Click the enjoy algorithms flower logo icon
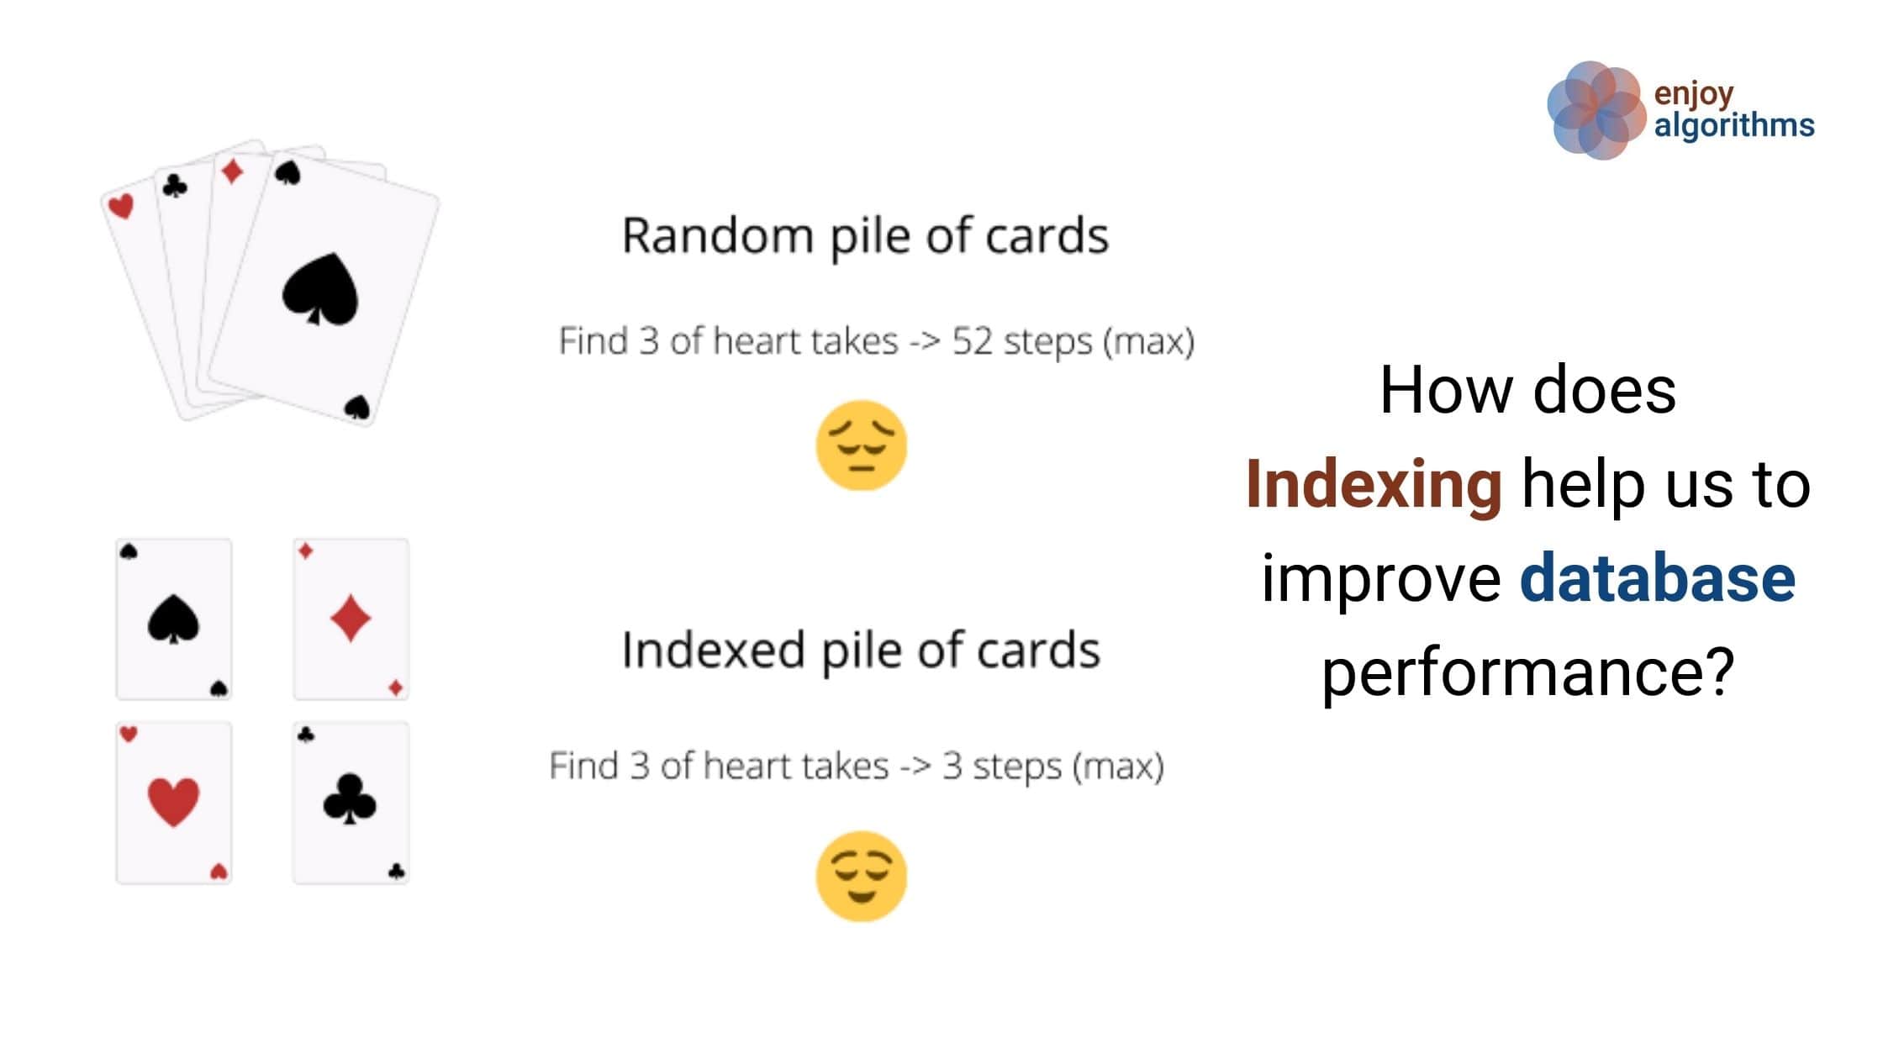click(x=1596, y=110)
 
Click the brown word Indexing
click(x=1374, y=485)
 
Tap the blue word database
click(x=1658, y=578)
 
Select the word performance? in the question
click(x=1528, y=674)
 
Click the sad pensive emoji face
click(x=862, y=445)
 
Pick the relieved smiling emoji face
click(x=862, y=877)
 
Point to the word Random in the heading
click(x=717, y=235)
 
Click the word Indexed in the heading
click(x=713, y=650)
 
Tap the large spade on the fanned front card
click(x=320, y=289)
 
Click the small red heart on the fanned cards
click(x=121, y=205)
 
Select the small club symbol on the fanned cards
click(x=175, y=186)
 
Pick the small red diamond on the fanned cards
click(x=232, y=171)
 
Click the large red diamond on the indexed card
click(x=351, y=619)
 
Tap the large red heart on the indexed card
click(x=173, y=802)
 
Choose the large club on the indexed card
click(x=350, y=798)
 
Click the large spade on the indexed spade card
click(x=173, y=619)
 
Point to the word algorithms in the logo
click(x=1734, y=126)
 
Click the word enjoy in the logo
click(x=1694, y=94)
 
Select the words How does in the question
click(x=1528, y=390)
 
